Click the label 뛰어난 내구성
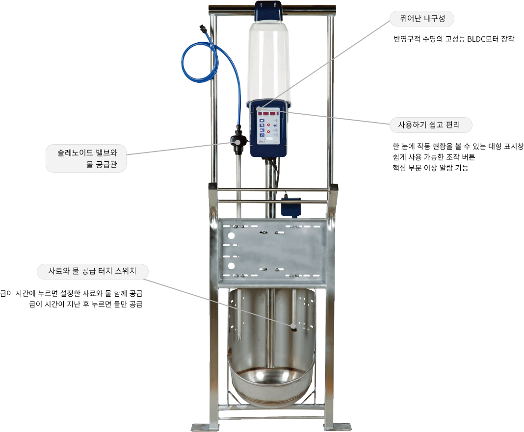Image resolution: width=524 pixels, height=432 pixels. pos(422,19)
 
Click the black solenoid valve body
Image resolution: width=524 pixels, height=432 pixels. pos(238,142)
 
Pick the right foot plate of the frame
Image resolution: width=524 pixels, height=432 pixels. pos(338,427)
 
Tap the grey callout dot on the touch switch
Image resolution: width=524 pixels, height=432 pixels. pos(292,325)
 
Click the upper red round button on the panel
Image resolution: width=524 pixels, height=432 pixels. pos(268,126)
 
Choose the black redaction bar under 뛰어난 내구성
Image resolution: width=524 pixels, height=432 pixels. pos(454,39)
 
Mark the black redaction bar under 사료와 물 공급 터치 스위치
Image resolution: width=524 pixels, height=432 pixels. pos(71,299)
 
